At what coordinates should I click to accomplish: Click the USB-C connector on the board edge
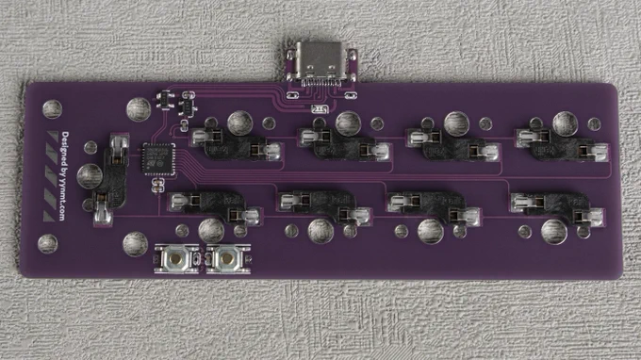coord(321,64)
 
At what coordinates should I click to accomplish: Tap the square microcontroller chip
coord(158,159)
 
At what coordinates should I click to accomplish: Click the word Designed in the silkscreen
coord(65,149)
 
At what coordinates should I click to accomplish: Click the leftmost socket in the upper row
coord(236,144)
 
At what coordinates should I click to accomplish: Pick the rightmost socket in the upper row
coord(561,144)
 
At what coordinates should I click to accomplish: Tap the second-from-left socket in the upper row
coord(344,144)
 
